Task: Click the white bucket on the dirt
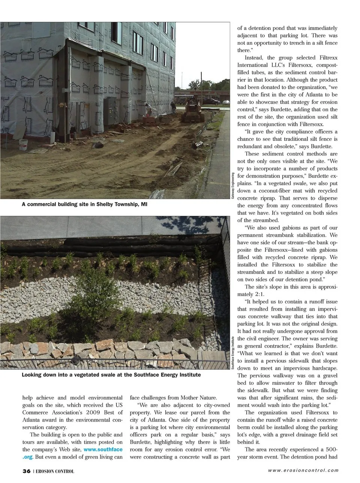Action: [24, 145]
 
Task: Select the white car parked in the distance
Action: [226, 102]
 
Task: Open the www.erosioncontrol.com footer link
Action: [303, 471]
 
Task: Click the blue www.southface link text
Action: [103, 449]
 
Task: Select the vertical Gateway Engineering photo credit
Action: [233, 185]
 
